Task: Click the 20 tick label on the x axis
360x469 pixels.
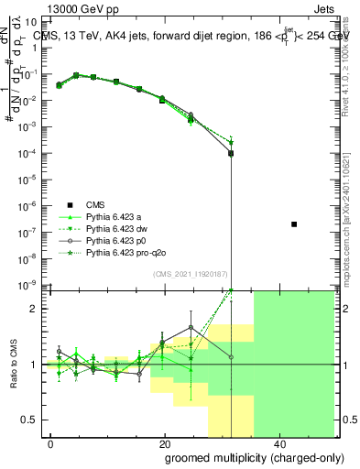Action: click(x=164, y=445)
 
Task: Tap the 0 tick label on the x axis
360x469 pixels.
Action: click(x=51, y=445)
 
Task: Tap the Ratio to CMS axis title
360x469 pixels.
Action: click(x=14, y=365)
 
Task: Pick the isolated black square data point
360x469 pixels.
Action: click(x=294, y=224)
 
